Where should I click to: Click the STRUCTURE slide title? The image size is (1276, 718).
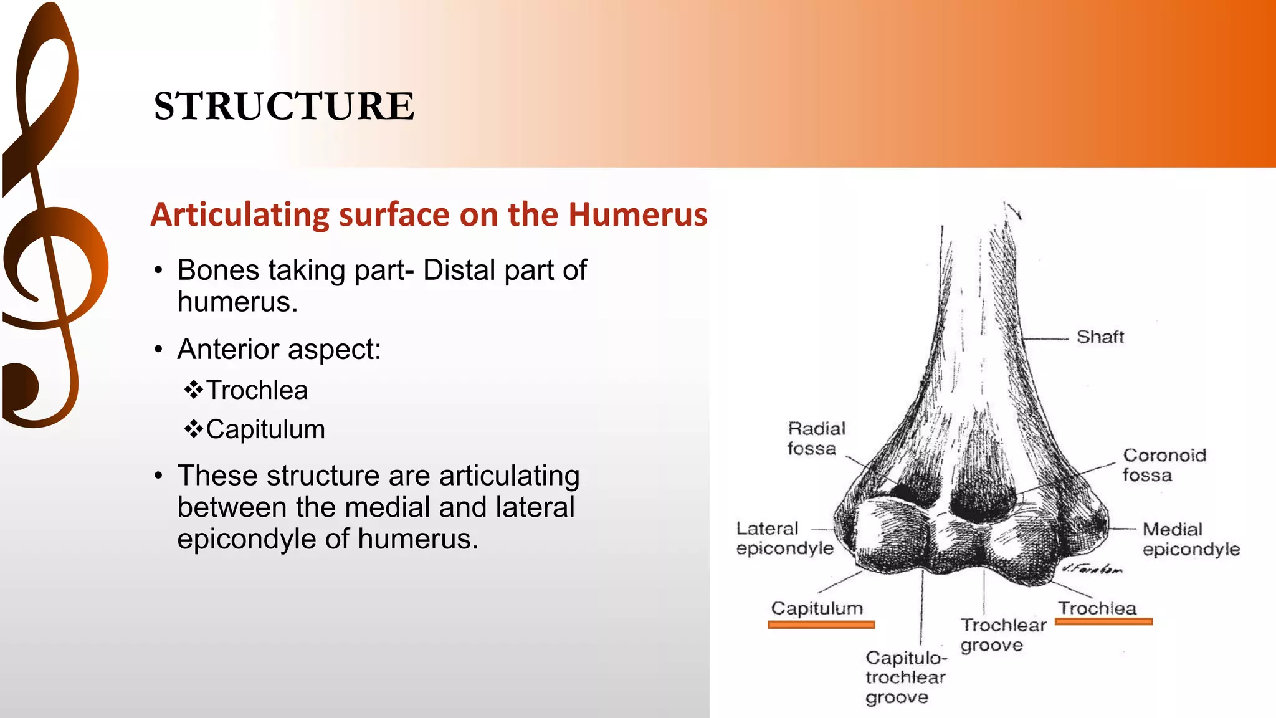tap(284, 106)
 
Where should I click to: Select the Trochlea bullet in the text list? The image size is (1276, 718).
tap(257, 390)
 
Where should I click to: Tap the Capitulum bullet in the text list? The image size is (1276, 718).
tap(265, 429)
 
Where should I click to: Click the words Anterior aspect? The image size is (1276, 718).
tap(279, 349)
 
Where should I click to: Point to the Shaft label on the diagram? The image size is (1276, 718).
tap(1100, 337)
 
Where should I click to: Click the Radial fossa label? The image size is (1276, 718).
tap(816, 438)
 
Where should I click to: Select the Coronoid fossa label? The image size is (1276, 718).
tap(1164, 465)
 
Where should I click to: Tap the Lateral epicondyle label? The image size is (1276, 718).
tap(784, 538)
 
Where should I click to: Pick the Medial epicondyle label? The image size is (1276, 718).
tap(1190, 539)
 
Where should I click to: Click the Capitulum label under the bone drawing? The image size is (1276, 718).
tap(817, 608)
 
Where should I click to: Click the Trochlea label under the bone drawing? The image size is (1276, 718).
tap(1097, 608)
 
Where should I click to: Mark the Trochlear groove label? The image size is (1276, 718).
tap(1002, 634)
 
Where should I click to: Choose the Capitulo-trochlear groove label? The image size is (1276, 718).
tap(906, 677)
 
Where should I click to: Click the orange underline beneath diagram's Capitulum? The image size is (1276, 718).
tap(821, 625)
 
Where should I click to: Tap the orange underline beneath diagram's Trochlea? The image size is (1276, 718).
tap(1103, 621)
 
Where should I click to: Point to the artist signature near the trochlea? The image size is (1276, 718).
tap(1092, 569)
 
